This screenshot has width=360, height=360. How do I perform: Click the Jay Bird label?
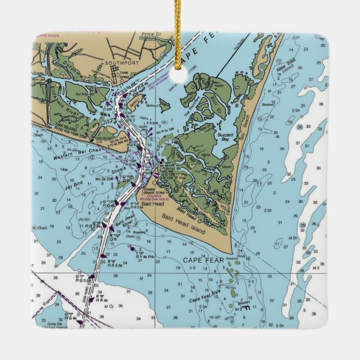73,182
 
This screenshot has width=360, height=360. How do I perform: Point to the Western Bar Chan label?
60,151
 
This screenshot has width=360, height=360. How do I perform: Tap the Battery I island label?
134,104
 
